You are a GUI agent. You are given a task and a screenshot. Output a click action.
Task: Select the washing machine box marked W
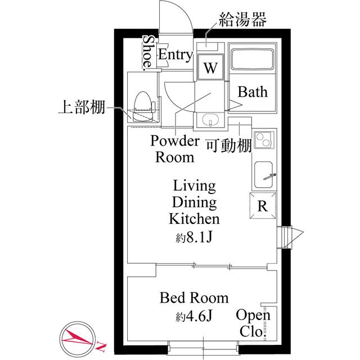pos(210,69)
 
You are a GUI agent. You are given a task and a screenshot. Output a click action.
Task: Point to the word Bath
pos(253,92)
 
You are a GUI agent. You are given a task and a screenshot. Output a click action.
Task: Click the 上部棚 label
pos(82,107)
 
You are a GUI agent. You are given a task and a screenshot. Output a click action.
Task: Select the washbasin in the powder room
pos(211,120)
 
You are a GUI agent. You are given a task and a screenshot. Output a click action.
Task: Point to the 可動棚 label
pos(227,145)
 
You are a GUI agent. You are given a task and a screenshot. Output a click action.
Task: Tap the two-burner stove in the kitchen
pos(263,140)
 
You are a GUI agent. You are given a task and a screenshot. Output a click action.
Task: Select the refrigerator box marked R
pos(263,205)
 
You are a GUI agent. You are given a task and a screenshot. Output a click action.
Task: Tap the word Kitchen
pos(194,219)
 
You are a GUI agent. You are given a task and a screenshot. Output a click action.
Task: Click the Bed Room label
pos(194,297)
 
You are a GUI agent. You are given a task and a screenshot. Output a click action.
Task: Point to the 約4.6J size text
pos(194,316)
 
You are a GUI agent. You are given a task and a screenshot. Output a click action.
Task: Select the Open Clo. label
pos(253,323)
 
